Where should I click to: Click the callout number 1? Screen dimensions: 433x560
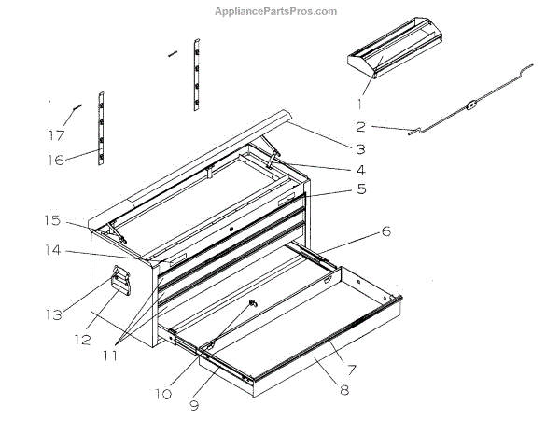[x=357, y=103]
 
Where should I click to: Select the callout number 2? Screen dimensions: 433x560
[x=359, y=127]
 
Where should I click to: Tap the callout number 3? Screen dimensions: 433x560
[x=359, y=147]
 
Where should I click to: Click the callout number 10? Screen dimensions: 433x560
[x=163, y=395]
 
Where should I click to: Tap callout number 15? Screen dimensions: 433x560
[x=51, y=220]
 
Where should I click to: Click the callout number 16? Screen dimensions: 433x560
[x=58, y=160]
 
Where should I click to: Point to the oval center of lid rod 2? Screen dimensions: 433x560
[x=471, y=105]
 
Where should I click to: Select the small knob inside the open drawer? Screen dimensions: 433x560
[x=252, y=305]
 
